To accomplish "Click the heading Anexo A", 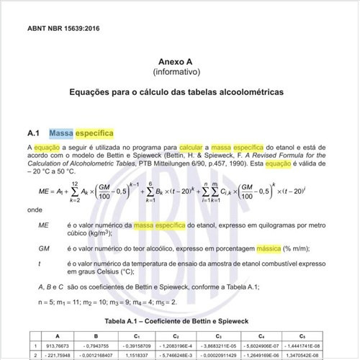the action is click(180, 63).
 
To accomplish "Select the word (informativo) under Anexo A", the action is click(180, 73).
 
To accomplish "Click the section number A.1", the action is click(33, 133).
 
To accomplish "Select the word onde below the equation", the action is click(35, 210).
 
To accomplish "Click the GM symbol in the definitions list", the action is click(45, 248).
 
